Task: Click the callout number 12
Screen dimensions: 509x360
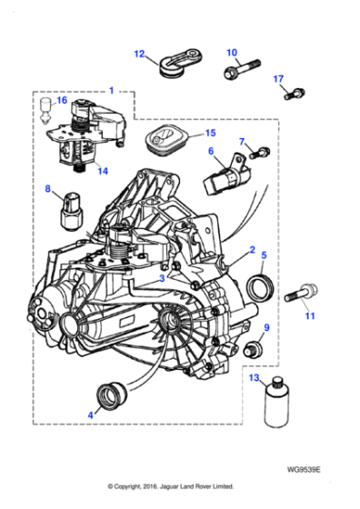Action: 139,54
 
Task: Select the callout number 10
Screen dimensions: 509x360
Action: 231,52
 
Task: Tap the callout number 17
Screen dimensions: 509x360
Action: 279,79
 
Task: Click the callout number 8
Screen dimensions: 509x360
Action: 48,189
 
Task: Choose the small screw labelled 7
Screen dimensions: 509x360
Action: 262,150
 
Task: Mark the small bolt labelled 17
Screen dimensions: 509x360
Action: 294,91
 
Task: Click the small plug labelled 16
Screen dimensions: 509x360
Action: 45,113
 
